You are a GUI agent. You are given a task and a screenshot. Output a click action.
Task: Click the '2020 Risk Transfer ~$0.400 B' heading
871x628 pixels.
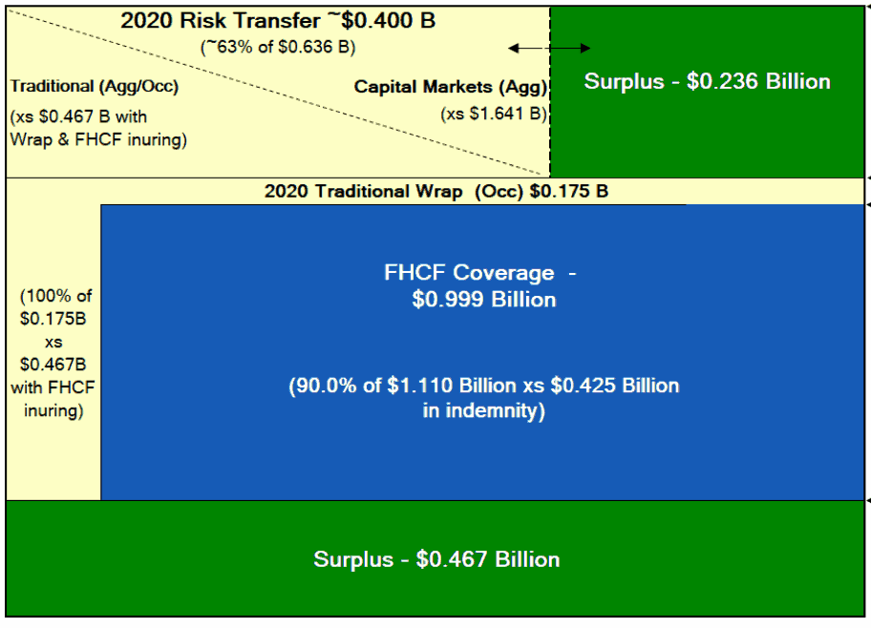click(278, 21)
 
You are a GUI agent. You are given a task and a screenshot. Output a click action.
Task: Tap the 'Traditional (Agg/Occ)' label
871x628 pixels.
click(95, 87)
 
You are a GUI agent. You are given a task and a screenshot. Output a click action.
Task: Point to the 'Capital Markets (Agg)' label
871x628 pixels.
click(451, 87)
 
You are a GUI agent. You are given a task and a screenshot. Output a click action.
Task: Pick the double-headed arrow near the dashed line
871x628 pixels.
click(549, 48)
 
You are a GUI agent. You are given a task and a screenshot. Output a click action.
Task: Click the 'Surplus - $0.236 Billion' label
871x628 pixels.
click(708, 81)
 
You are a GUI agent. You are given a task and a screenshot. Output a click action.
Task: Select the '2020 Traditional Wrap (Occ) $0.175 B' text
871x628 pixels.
click(436, 191)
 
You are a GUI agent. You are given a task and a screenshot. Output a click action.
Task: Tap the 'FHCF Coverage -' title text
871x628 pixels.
click(480, 273)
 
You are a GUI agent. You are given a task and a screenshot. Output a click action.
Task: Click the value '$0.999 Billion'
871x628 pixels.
click(484, 300)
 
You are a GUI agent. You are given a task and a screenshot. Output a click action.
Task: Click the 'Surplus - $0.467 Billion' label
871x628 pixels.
click(436, 559)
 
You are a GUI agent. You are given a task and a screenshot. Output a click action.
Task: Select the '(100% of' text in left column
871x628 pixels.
click(53, 296)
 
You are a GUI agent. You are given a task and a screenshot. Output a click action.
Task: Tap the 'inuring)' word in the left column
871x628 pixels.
click(53, 412)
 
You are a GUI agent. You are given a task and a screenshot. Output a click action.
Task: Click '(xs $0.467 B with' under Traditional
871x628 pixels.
click(79, 117)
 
